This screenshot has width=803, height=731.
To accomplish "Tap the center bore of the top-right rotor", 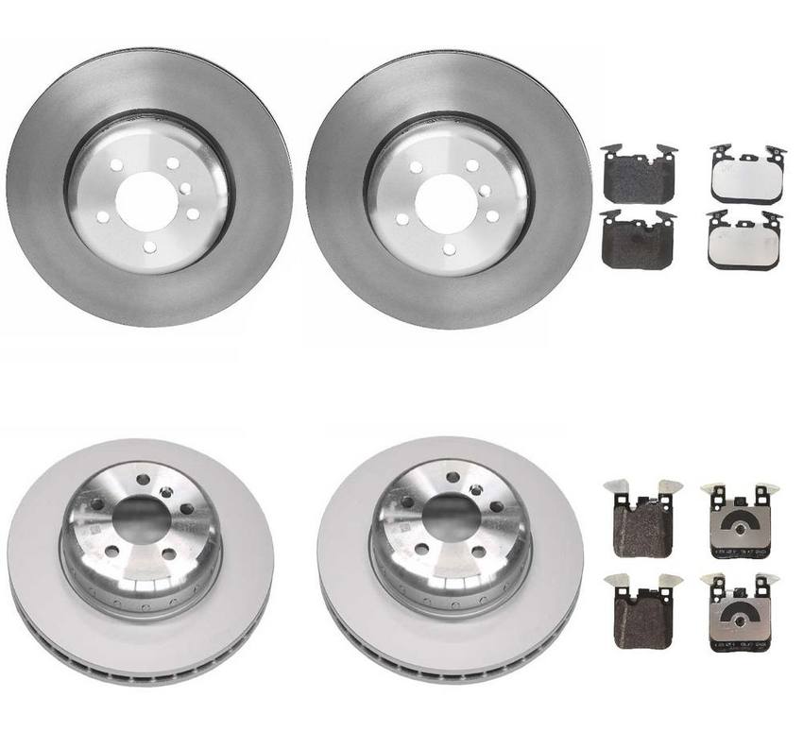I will coord(449,195).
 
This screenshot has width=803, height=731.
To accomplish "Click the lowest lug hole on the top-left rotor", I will coord(149,247).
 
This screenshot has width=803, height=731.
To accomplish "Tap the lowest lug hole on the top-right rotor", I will coord(449,248).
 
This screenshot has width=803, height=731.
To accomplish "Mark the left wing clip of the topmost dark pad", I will coord(611,148).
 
